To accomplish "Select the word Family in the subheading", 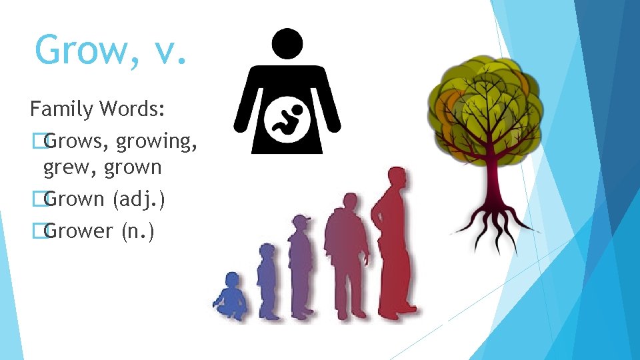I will point(61,109).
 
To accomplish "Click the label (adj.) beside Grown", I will point(134,199).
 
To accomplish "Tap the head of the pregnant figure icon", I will point(287,42).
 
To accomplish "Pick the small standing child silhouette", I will point(267,280).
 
